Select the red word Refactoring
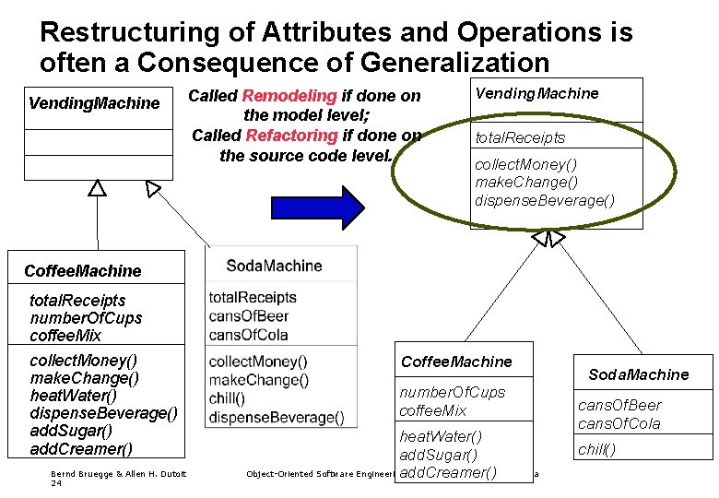tap(292, 136)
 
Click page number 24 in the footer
tap(56, 483)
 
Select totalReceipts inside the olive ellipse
tap(520, 137)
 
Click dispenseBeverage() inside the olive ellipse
tap(544, 200)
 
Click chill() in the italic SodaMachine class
tap(596, 450)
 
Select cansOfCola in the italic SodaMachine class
tap(619, 423)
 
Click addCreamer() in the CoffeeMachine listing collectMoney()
tap(81, 449)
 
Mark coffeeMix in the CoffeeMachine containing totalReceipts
tap(65, 336)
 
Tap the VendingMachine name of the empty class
tap(94, 103)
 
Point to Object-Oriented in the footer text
tap(281, 474)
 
